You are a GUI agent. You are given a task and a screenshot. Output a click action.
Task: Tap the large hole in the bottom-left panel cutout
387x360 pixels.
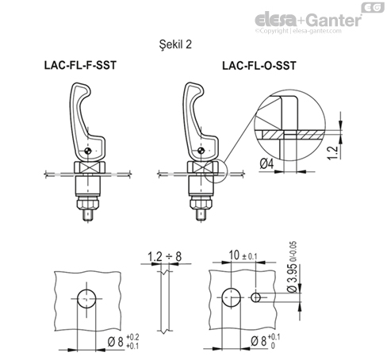tap(86, 298)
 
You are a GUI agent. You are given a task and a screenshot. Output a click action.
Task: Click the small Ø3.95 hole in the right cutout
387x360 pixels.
tap(258, 298)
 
